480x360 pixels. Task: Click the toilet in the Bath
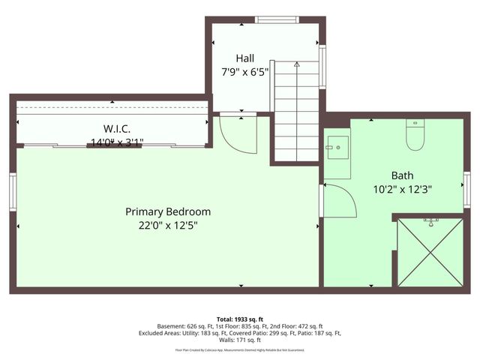(x=414, y=136)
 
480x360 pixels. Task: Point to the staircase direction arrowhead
(x=296, y=65)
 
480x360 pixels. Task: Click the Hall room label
(x=244, y=58)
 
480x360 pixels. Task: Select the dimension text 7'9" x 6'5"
(x=244, y=73)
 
